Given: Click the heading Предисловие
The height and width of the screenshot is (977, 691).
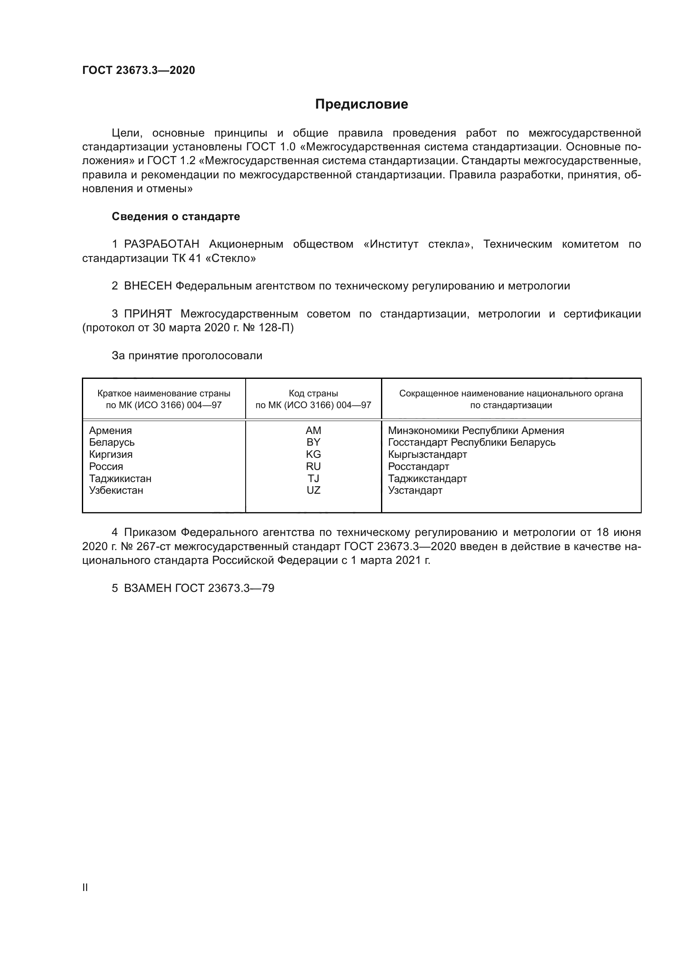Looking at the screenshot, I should [361, 104].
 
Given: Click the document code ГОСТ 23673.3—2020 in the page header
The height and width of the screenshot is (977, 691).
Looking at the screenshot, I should [138, 70].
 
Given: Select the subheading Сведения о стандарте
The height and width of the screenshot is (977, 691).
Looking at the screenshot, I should [176, 217].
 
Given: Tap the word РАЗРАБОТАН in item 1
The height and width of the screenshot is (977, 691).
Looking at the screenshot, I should [161, 244].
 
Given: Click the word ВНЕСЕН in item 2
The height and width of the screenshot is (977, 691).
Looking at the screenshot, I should [147, 286].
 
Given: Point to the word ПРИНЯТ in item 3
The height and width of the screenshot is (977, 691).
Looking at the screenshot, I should [147, 314].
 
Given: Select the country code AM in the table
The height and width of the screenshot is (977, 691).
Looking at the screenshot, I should [313, 431].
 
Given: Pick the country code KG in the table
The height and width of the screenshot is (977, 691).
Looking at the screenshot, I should [313, 454].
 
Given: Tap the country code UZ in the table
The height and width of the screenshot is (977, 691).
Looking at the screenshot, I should [313, 490].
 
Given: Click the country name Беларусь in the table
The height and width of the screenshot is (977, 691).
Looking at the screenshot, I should [112, 442].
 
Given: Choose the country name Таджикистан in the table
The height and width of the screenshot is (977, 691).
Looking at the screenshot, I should [120, 479].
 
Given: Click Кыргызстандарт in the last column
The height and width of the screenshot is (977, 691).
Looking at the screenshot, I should [427, 454].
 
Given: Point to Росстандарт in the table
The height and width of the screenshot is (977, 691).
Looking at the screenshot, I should [418, 467].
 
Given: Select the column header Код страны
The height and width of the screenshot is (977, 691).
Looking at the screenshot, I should [313, 393].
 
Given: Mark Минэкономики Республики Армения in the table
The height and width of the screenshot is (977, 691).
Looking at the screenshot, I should [476, 431].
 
